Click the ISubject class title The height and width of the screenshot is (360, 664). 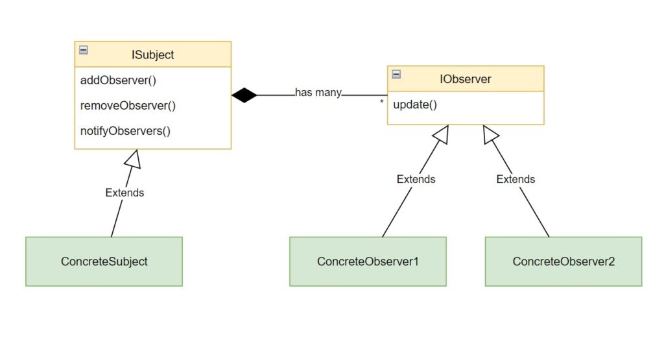(x=153, y=54)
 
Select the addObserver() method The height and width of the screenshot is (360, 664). (x=119, y=81)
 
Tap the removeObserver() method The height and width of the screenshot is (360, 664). (x=128, y=106)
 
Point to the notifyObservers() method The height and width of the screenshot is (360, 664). (x=125, y=130)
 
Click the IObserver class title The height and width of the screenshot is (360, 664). (x=465, y=79)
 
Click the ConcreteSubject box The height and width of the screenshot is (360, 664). (x=104, y=261)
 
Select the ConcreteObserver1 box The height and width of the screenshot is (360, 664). (x=368, y=261)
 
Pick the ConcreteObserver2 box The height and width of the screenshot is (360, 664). (x=563, y=261)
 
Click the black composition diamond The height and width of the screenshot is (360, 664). (x=244, y=95)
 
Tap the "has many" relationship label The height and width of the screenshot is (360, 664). (x=318, y=92)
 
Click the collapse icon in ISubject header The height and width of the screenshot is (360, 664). (x=84, y=50)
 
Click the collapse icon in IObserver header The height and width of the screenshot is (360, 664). (x=396, y=74)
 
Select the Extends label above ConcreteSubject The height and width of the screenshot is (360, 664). (x=124, y=193)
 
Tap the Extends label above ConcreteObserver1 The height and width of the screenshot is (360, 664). (x=416, y=179)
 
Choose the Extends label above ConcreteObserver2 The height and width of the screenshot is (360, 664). (x=516, y=179)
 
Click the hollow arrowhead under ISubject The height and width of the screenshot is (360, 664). (x=134, y=157)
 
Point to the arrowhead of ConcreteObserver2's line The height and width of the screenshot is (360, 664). (x=491, y=133)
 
